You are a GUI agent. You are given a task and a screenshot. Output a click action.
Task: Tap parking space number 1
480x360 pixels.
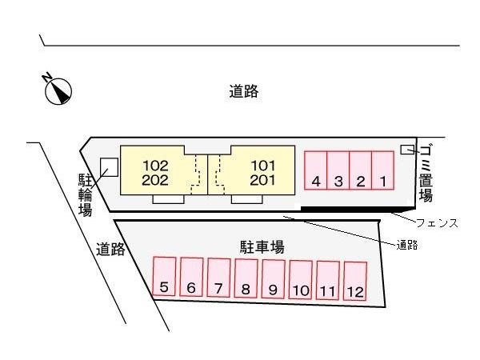(383, 170)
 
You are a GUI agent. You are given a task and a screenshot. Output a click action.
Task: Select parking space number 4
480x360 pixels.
(316, 170)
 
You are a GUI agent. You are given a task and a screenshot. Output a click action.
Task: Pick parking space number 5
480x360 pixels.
(164, 277)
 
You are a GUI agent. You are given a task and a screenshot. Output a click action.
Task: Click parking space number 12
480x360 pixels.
(355, 280)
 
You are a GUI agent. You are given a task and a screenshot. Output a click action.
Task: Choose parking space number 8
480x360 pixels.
(246, 278)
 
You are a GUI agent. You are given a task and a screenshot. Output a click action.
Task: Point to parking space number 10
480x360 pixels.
(301, 279)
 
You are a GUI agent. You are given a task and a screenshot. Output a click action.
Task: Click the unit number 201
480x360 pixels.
(262, 180)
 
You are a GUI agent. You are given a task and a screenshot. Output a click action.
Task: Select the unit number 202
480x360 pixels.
(156, 180)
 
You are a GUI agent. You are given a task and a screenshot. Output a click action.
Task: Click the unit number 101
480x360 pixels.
(262, 166)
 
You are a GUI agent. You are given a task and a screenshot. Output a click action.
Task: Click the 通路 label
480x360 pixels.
(407, 244)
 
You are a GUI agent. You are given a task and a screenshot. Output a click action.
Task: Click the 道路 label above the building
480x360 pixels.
(242, 91)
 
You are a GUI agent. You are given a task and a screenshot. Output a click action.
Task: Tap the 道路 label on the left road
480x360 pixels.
(110, 249)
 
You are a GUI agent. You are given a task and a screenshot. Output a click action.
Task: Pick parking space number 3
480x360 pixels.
(338, 170)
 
